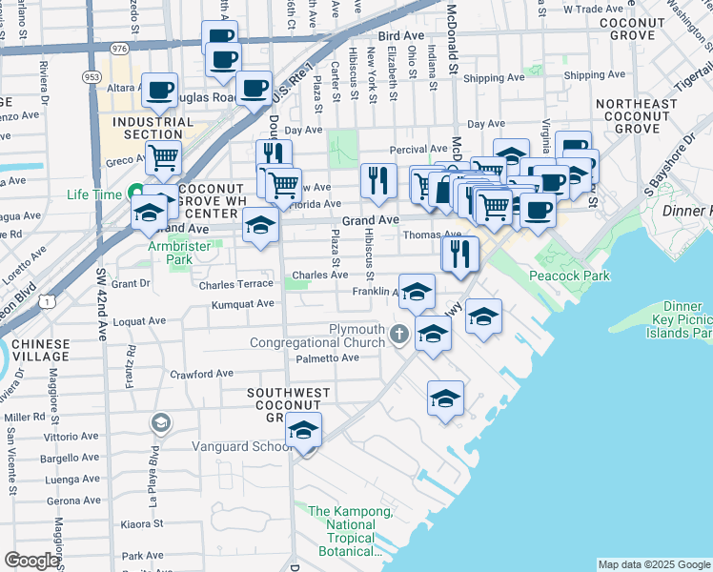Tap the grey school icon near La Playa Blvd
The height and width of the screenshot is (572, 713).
160,421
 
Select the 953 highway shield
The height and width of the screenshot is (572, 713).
92,76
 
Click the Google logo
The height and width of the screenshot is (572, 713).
31,560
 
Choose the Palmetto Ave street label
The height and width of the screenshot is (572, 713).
327,358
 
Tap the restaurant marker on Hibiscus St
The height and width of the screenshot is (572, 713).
378,179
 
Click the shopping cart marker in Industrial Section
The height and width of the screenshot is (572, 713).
163,158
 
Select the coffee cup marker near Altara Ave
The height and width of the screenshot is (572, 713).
159,91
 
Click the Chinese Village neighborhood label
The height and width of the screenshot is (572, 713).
34,350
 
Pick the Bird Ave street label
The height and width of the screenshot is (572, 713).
400,35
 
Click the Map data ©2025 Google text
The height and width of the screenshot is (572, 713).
654,564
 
